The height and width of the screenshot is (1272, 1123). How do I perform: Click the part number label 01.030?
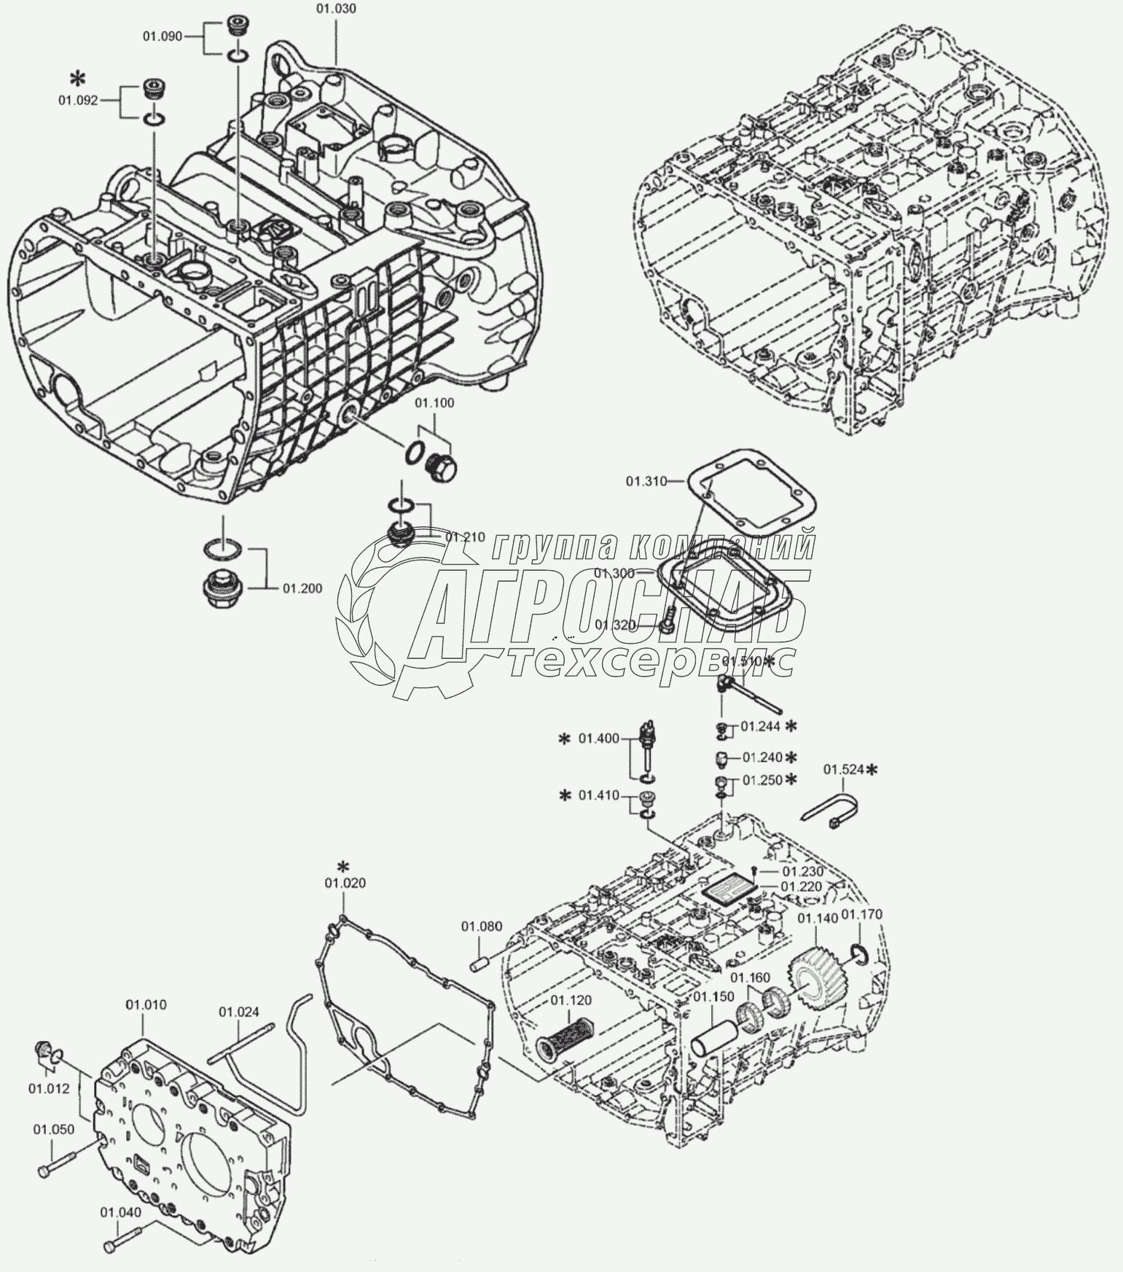point(336,9)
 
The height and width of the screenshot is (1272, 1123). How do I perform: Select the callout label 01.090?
point(162,36)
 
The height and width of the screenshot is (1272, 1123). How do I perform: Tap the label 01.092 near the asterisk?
point(78,101)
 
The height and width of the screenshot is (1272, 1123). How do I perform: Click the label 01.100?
point(434,403)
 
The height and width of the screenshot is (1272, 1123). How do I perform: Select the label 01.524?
point(843,769)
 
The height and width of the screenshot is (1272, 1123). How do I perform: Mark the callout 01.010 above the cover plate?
point(146,1004)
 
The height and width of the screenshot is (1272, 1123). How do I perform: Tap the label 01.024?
point(239,1012)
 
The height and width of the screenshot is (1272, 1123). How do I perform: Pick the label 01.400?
point(598,739)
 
